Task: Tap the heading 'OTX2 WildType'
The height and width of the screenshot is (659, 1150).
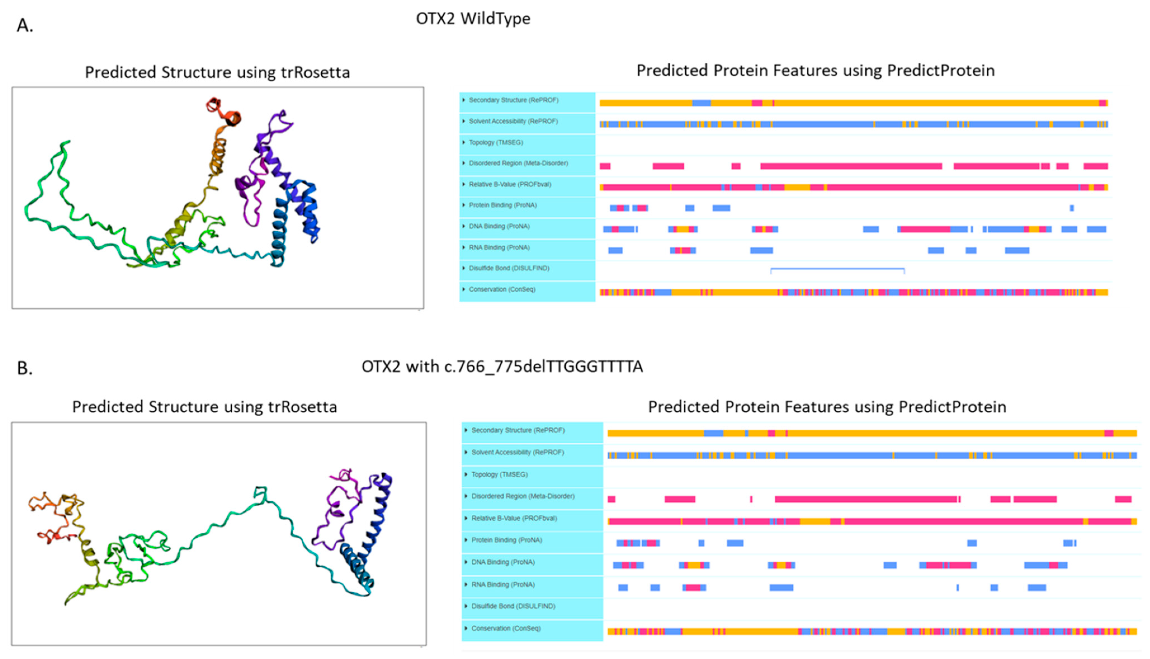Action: click(473, 18)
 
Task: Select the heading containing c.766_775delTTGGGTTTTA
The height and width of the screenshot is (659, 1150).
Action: click(502, 366)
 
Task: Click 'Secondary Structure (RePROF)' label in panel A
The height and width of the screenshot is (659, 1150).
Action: click(513, 100)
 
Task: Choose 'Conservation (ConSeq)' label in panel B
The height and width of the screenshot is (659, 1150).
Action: click(506, 628)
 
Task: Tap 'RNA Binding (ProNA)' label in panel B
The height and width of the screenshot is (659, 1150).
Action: click(503, 584)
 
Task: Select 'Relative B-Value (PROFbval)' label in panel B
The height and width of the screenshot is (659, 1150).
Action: click(514, 518)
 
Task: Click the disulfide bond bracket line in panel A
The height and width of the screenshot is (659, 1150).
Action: click(837, 269)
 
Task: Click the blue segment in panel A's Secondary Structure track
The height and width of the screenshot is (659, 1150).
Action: click(701, 103)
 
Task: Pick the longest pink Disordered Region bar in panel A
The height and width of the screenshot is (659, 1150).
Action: click(851, 166)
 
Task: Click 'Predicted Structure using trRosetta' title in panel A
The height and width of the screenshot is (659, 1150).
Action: click(217, 72)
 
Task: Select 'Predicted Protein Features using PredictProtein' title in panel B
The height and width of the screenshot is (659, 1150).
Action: click(827, 407)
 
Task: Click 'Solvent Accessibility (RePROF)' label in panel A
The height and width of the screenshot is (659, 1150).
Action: click(513, 121)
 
